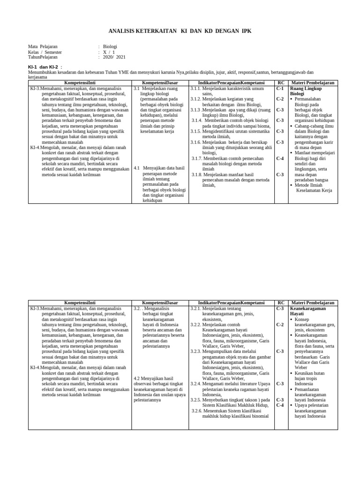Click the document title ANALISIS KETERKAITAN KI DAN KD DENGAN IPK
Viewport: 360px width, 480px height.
point(180,31)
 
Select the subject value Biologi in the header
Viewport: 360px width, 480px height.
point(110,47)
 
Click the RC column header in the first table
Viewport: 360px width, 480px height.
point(281,82)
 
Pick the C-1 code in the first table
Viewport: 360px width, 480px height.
point(280,88)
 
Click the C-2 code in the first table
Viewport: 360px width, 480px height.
point(280,99)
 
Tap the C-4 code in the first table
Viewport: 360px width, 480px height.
point(280,158)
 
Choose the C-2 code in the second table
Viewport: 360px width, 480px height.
point(280,324)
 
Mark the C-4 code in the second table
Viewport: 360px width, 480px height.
point(280,405)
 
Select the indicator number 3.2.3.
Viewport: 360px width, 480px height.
point(196,351)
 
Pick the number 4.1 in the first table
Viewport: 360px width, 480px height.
point(137,168)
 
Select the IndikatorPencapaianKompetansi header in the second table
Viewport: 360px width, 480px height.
point(231,303)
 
